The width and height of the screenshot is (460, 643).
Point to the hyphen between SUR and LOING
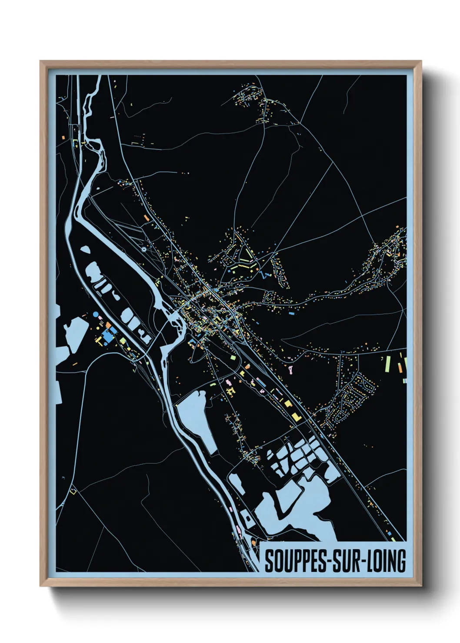(364, 562)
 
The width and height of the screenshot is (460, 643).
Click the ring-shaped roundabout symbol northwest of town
(144, 250)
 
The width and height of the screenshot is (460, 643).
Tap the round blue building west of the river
(96, 314)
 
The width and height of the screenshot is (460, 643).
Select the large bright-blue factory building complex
(107, 335)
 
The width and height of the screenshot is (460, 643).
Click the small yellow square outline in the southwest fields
(73, 492)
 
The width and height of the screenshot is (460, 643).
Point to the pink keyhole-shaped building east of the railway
(289, 369)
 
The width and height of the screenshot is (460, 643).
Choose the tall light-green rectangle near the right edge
(387, 364)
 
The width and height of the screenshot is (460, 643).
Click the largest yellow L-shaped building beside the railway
(297, 417)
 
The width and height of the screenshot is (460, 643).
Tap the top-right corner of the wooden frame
(421, 62)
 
